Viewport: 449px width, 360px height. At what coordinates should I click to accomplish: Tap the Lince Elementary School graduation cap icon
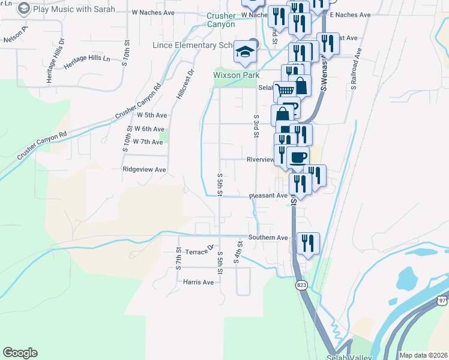coord(244,52)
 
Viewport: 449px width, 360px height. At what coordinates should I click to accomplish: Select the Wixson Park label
coord(237,75)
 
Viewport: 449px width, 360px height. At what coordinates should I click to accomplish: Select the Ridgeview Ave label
coord(144,170)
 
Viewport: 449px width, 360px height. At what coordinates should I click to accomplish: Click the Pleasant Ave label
coord(268,196)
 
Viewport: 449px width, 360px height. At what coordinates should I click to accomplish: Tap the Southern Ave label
coord(268,238)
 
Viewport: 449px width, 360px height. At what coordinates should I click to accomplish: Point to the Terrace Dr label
coord(200,250)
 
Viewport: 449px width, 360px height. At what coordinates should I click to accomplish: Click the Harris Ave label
coord(199,282)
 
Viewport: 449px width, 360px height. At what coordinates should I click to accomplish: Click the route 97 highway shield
coord(442,299)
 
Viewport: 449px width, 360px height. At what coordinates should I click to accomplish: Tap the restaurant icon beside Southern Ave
coord(308,243)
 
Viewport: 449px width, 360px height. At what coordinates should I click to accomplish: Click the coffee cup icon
coord(298,157)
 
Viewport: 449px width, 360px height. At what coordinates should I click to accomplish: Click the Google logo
coord(20,353)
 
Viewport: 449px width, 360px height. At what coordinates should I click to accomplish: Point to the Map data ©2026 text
coord(423,355)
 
